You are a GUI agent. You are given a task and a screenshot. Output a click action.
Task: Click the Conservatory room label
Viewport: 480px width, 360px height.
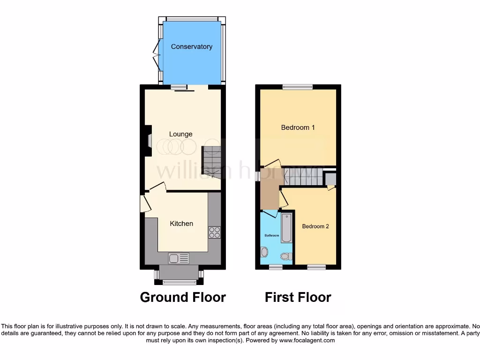click(191, 46)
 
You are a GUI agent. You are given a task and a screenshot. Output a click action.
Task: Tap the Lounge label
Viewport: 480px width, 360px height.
click(181, 134)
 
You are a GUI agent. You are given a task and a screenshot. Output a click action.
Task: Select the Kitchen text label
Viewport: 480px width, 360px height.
click(181, 224)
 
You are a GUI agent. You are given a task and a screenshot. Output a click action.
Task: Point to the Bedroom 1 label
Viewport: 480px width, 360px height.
click(298, 127)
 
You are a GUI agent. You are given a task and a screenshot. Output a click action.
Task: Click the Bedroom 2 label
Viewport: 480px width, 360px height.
click(315, 226)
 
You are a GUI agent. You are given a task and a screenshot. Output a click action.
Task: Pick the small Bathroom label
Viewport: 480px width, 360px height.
click(271, 235)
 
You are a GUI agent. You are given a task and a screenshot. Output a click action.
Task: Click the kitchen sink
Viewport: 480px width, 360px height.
click(179, 258)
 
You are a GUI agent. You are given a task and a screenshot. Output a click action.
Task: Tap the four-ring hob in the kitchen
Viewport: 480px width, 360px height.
click(214, 232)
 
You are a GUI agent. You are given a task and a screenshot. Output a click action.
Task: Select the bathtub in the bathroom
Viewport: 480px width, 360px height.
click(286, 228)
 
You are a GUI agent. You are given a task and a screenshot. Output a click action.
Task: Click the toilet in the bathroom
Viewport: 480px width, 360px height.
click(285, 256)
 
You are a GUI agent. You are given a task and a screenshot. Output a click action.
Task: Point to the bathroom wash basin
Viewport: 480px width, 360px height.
click(264, 253)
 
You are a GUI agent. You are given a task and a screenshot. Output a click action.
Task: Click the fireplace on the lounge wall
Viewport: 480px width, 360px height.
click(149, 141)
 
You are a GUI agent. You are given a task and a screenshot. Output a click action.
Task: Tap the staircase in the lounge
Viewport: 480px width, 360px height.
click(211, 162)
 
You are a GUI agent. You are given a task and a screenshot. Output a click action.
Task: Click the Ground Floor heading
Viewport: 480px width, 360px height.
click(183, 297)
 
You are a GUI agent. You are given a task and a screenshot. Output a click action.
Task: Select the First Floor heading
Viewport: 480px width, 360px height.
click(298, 297)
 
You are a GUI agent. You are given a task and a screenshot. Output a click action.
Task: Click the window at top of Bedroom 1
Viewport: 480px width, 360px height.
click(297, 87)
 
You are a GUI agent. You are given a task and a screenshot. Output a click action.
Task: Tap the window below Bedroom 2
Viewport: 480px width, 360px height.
click(316, 267)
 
